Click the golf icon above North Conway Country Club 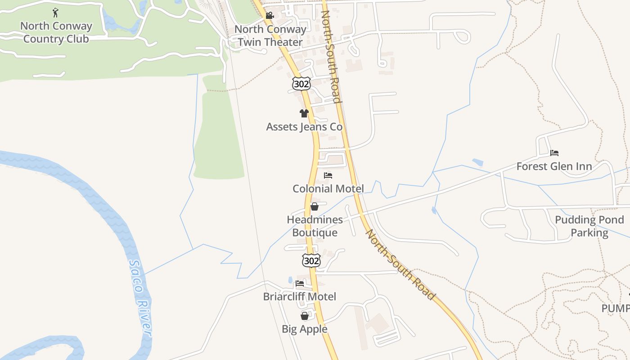coord(55,13)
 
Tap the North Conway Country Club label coord(56,32)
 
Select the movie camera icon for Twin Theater coord(270,16)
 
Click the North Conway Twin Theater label coord(270,36)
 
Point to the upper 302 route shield coord(301,83)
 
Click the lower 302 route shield coord(311,260)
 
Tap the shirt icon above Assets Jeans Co coord(304,113)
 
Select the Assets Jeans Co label coord(304,127)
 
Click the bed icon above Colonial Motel coord(328,175)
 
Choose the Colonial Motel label coord(328,189)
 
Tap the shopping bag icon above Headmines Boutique coord(315,207)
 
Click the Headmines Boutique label coord(315,226)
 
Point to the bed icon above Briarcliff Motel coord(300,283)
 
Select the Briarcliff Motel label coord(300,297)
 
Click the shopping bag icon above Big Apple coord(305,316)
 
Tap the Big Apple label coord(305,329)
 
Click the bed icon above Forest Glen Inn coord(554,153)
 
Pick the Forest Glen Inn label coord(554,166)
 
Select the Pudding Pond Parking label coord(589,226)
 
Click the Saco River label coord(140,297)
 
